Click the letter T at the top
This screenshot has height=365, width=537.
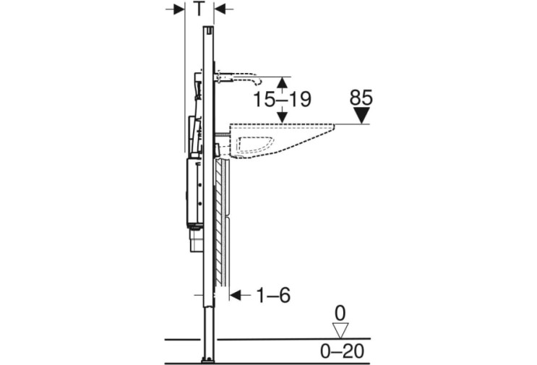199,9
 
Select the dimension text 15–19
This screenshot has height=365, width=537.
282,99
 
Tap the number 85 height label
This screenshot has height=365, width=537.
361,98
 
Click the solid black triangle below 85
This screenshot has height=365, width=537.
361,116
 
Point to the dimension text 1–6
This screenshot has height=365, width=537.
273,295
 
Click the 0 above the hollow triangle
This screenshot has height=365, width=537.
340,314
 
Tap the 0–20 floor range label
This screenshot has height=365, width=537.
342,351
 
